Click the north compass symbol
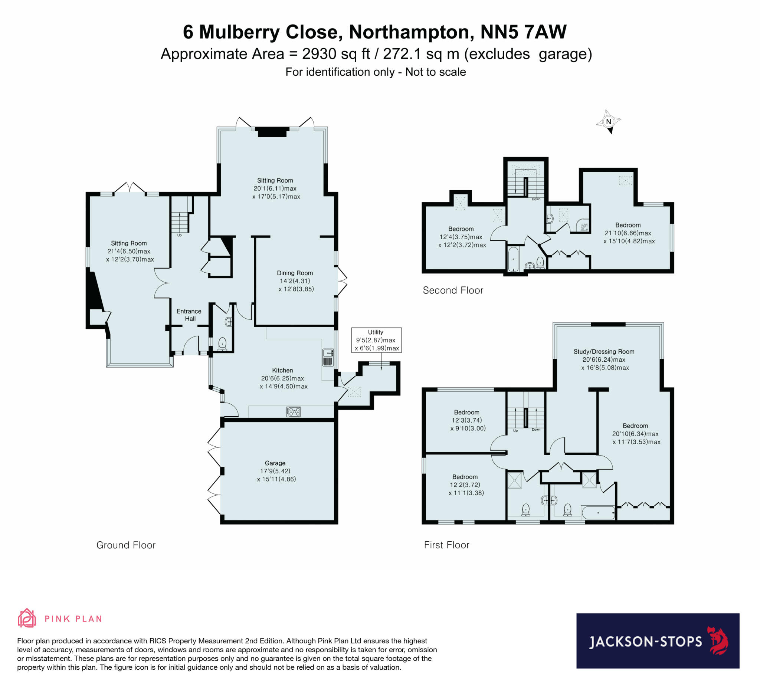pos(608,122)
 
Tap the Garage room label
pos(275,463)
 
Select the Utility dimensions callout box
pos(376,340)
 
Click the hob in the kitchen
pos(294,411)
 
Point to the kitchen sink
pos(328,357)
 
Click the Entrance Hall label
pos(189,315)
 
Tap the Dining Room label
pos(295,273)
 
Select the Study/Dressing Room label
pos(603,351)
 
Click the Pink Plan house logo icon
pos(27,618)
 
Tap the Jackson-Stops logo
pos(657,641)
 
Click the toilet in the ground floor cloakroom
pos(222,344)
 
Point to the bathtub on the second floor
pos(514,259)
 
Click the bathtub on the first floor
pos(598,513)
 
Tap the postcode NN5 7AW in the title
pos(523,32)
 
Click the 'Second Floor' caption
pos(452,290)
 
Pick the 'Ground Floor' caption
pos(126,545)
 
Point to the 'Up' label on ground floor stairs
pos(179,235)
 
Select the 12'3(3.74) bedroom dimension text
pos(466,420)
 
